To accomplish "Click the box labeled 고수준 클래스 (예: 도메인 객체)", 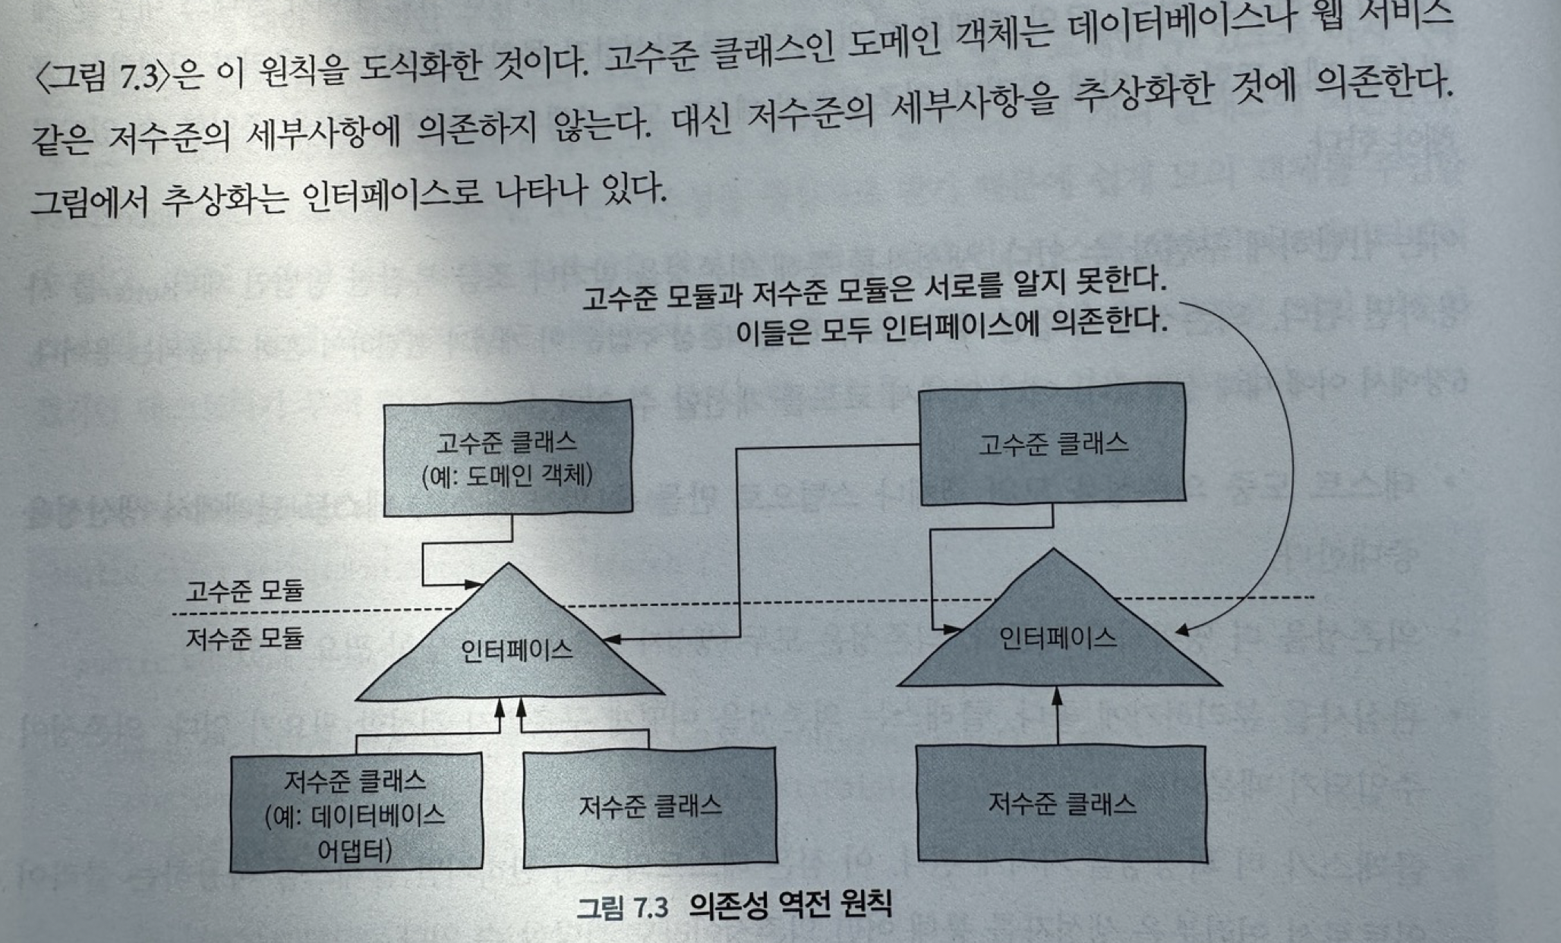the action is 507,459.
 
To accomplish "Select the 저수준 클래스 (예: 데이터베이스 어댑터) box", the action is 356,812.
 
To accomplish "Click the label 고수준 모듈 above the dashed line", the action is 244,590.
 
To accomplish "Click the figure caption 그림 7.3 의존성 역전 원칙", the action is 733,906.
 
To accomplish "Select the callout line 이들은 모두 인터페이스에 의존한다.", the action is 951,327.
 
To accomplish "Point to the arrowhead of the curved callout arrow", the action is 1181,630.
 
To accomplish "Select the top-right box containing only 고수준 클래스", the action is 1052,444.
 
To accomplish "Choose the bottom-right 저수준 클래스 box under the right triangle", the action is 1061,803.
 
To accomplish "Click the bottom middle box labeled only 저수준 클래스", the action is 650,806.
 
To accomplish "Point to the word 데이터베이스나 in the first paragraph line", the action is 1169,28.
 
